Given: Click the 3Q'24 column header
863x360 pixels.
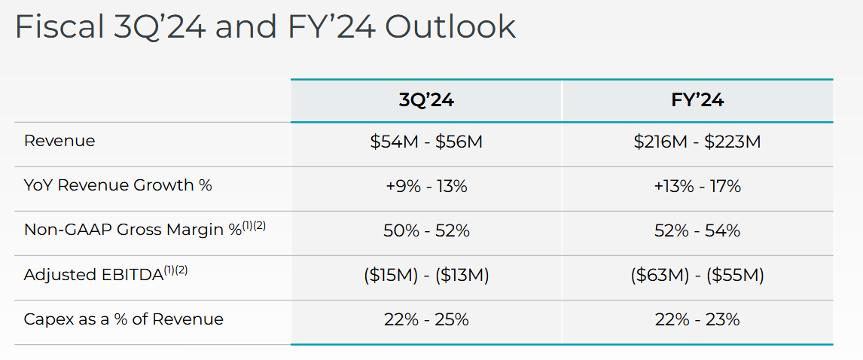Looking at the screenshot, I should point(426,100).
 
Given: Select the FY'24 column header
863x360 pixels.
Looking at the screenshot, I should point(697,100).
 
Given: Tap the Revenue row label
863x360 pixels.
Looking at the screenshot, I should point(59,141).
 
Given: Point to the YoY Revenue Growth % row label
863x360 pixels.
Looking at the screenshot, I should point(118,185).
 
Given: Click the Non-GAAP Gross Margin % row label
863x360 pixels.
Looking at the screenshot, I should point(133,230).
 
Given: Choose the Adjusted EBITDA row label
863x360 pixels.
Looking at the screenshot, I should point(94,275).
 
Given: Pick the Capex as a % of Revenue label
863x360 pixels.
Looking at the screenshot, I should point(124,319).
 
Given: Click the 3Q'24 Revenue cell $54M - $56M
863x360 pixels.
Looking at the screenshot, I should point(426,142).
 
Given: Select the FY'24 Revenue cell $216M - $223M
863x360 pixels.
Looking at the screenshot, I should point(697,142).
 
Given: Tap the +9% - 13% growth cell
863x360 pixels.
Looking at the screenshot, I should point(426,186).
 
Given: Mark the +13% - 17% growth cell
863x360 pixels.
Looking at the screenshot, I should point(697,186).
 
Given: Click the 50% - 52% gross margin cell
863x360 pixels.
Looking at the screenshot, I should point(426,230).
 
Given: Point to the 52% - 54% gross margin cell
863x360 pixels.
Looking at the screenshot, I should point(697,230).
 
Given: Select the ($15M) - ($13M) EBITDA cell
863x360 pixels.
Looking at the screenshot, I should point(426,275).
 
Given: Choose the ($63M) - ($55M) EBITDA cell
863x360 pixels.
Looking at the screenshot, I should point(697,275).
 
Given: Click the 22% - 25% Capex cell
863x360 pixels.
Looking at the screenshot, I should point(426,319).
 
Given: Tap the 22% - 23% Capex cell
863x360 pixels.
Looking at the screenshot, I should point(697,319).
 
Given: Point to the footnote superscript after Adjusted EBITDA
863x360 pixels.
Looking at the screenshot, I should point(175,270).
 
